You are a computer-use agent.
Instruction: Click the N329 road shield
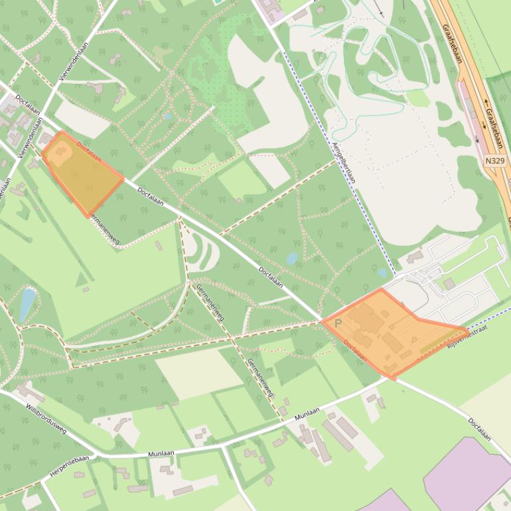click(x=494, y=161)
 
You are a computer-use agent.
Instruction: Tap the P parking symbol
click(x=338, y=324)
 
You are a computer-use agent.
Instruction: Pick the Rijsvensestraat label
click(x=467, y=338)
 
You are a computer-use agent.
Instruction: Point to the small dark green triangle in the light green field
click(x=85, y=289)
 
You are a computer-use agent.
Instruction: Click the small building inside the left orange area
click(x=62, y=151)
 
